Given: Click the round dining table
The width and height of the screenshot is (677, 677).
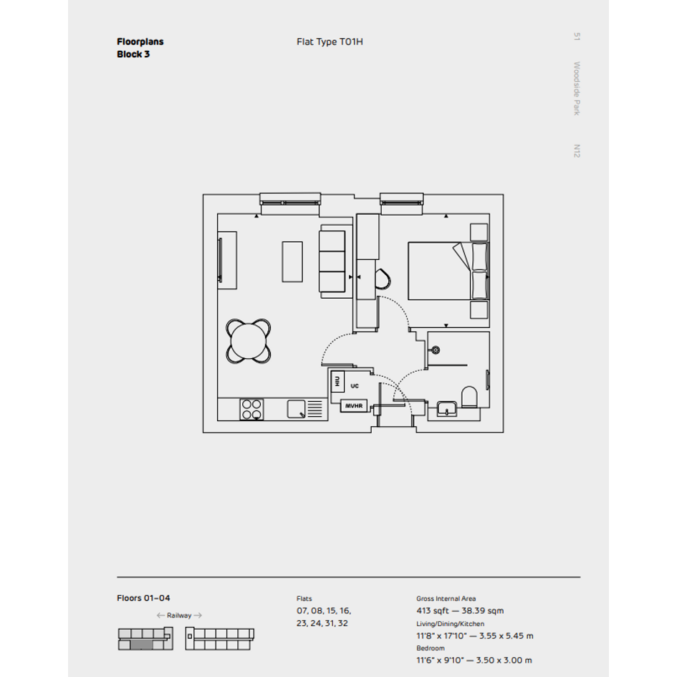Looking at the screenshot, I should pos(249,340).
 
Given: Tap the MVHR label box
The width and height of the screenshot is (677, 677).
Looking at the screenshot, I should pos(355,405).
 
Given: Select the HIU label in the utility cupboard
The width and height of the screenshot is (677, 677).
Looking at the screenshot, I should pos(337,380).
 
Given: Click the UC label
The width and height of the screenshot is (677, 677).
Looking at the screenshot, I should pos(355,385).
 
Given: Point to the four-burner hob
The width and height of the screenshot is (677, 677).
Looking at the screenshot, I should pos(251,409).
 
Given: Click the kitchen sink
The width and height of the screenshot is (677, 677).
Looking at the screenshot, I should pos(297,409).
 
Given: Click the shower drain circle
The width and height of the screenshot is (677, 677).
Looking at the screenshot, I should pos(434,350).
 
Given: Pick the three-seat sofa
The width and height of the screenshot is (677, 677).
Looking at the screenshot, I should pos(332,261).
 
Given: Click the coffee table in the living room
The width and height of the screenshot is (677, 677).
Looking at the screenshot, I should pos(292,261).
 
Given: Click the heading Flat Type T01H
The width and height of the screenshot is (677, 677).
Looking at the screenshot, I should pos(330,42).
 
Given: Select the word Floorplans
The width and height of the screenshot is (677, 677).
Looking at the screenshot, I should pos(140,42).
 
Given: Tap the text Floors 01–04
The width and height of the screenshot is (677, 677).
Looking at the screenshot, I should pos(143,597).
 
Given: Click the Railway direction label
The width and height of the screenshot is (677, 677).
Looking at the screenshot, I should pos(179,615).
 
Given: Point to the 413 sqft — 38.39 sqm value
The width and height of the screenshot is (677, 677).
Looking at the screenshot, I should pos(460,611).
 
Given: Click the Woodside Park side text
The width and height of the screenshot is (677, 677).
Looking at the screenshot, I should pos(576,89).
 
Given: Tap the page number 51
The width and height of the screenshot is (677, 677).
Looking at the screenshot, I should pos(576,37).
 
